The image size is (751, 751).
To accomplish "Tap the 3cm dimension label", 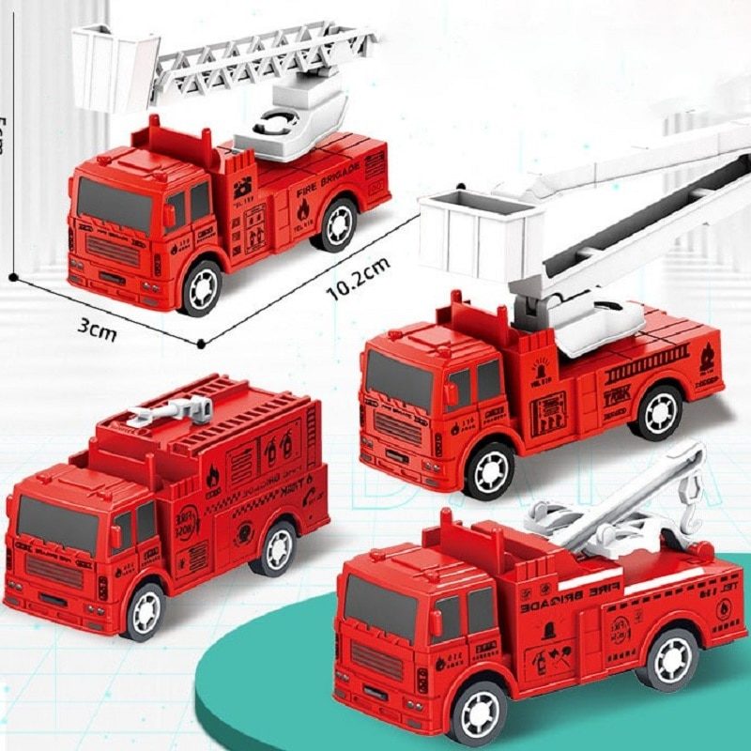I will click(x=97, y=329).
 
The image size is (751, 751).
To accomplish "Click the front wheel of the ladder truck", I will click(x=201, y=289).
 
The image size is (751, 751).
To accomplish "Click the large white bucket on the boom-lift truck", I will click(x=481, y=232).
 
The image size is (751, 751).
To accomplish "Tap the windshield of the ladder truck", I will click(x=114, y=205).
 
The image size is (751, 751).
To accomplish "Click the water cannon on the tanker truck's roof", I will click(x=178, y=410).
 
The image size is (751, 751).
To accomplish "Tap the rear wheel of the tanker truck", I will click(x=276, y=549).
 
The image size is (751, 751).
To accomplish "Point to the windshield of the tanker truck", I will click(x=56, y=525).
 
